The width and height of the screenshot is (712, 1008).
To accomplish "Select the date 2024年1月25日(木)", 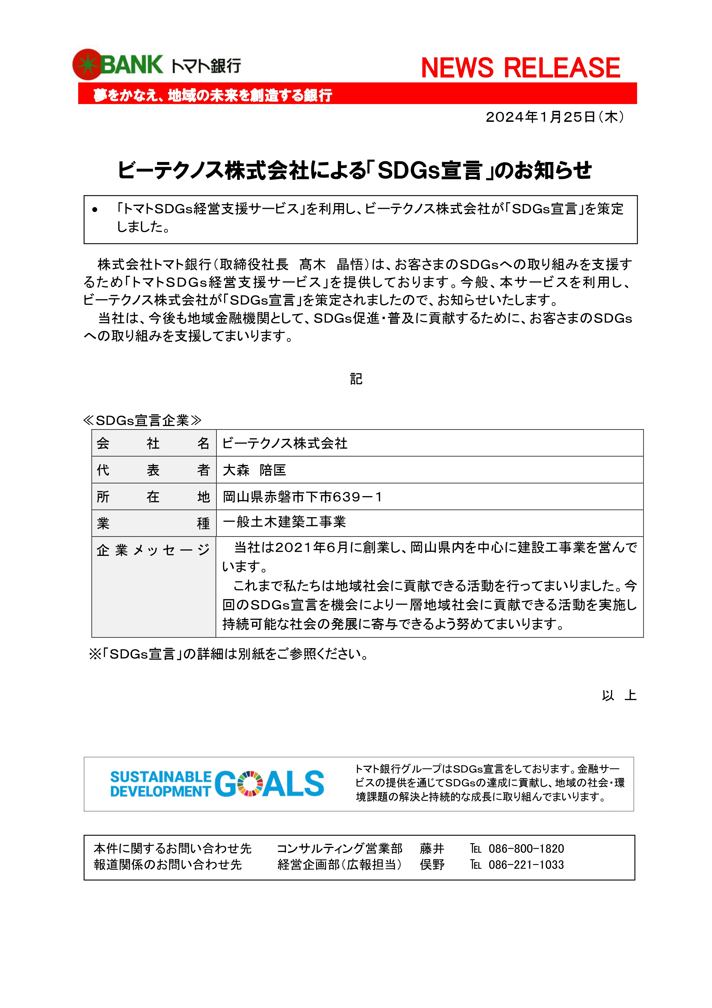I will click(554, 117).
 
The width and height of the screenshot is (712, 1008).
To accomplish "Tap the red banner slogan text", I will click(212, 95).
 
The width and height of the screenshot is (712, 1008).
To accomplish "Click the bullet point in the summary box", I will click(95, 210).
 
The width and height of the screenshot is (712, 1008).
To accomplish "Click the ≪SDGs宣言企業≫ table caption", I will click(142, 420).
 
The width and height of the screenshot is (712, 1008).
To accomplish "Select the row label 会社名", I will click(153, 444).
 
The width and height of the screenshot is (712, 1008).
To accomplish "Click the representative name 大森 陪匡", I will click(255, 470).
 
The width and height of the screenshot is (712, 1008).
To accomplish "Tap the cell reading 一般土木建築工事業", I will click(284, 522).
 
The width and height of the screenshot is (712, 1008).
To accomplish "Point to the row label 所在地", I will click(153, 497).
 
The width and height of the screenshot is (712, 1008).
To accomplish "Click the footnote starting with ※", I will click(228, 654).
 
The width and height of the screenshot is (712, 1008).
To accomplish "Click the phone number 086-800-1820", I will click(526, 849).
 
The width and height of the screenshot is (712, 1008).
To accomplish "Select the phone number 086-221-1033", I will click(526, 865).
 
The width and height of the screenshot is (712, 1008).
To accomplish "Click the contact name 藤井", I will click(432, 849).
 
